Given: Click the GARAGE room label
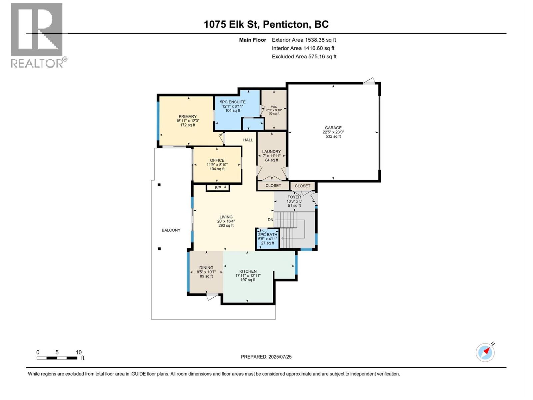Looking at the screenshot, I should [x=333, y=128].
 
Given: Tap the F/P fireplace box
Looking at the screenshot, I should [x=218, y=188].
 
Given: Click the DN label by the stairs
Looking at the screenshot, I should [x=270, y=220].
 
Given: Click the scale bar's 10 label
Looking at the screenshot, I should [x=79, y=352].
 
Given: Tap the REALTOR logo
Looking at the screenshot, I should [x=37, y=35].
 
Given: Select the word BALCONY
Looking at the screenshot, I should [x=171, y=230].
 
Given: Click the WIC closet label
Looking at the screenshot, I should [x=274, y=107].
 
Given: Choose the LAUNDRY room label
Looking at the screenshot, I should [x=271, y=151].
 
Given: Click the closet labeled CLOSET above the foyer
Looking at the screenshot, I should [x=302, y=186].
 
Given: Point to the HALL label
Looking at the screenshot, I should [x=248, y=140].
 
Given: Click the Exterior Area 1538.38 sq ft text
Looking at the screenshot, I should [x=304, y=40].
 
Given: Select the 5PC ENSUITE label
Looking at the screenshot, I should [x=233, y=102].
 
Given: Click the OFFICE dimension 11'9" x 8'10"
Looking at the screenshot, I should [x=217, y=165].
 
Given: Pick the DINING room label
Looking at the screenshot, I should [x=206, y=268].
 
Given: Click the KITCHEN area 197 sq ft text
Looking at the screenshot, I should [x=248, y=280].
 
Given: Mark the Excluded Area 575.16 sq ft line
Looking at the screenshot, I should [x=304, y=57].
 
